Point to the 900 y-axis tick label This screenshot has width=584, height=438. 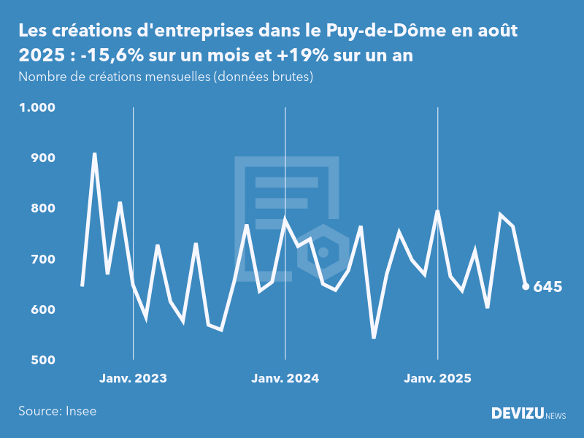[x=42, y=158]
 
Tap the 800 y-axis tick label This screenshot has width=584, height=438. [x=42, y=209]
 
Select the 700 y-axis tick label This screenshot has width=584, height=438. [x=42, y=259]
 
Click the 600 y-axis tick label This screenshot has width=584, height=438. [x=42, y=310]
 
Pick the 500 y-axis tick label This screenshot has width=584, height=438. [x=42, y=361]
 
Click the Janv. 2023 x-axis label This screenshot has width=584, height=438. [x=133, y=379]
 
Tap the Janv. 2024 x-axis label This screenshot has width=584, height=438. [x=285, y=379]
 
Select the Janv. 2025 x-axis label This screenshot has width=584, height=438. [x=437, y=379]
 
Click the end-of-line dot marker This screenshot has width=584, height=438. [x=526, y=286]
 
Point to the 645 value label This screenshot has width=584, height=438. [x=547, y=287]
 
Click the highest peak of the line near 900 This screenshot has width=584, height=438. [x=95, y=154]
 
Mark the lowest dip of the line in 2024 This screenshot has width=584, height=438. [x=374, y=337]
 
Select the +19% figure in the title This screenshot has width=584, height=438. [x=299, y=57]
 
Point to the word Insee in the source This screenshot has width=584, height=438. [x=80, y=411]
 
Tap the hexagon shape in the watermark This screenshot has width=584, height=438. [x=323, y=253]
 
